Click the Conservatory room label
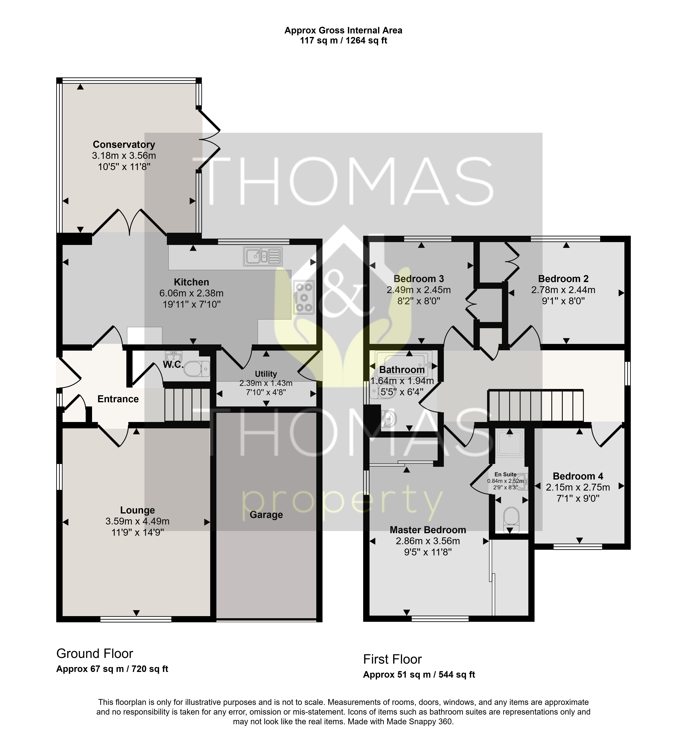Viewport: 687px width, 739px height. point(124,144)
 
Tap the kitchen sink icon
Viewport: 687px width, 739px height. point(262,256)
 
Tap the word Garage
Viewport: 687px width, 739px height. point(266,515)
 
